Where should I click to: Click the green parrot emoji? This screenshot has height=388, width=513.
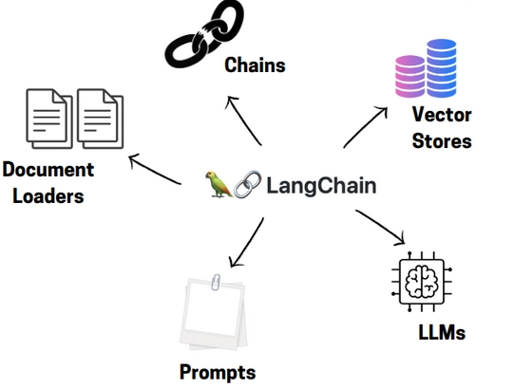point(218,183)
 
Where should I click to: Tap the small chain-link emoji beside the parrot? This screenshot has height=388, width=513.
point(247,184)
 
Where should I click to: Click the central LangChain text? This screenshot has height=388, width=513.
point(320,185)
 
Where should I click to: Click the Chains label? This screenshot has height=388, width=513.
point(255,65)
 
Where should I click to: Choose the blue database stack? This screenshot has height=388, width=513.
point(443,65)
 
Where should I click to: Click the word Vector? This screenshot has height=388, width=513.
point(442,117)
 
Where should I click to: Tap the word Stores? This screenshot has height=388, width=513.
point(442,141)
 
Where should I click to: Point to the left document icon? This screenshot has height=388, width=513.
point(49,119)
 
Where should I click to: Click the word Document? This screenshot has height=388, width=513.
point(48,171)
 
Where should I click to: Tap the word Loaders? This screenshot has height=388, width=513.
point(43,196)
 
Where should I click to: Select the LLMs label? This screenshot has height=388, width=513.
point(442,333)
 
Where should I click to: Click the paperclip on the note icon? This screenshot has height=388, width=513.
point(216,282)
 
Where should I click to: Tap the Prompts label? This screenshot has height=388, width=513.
point(218,371)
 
